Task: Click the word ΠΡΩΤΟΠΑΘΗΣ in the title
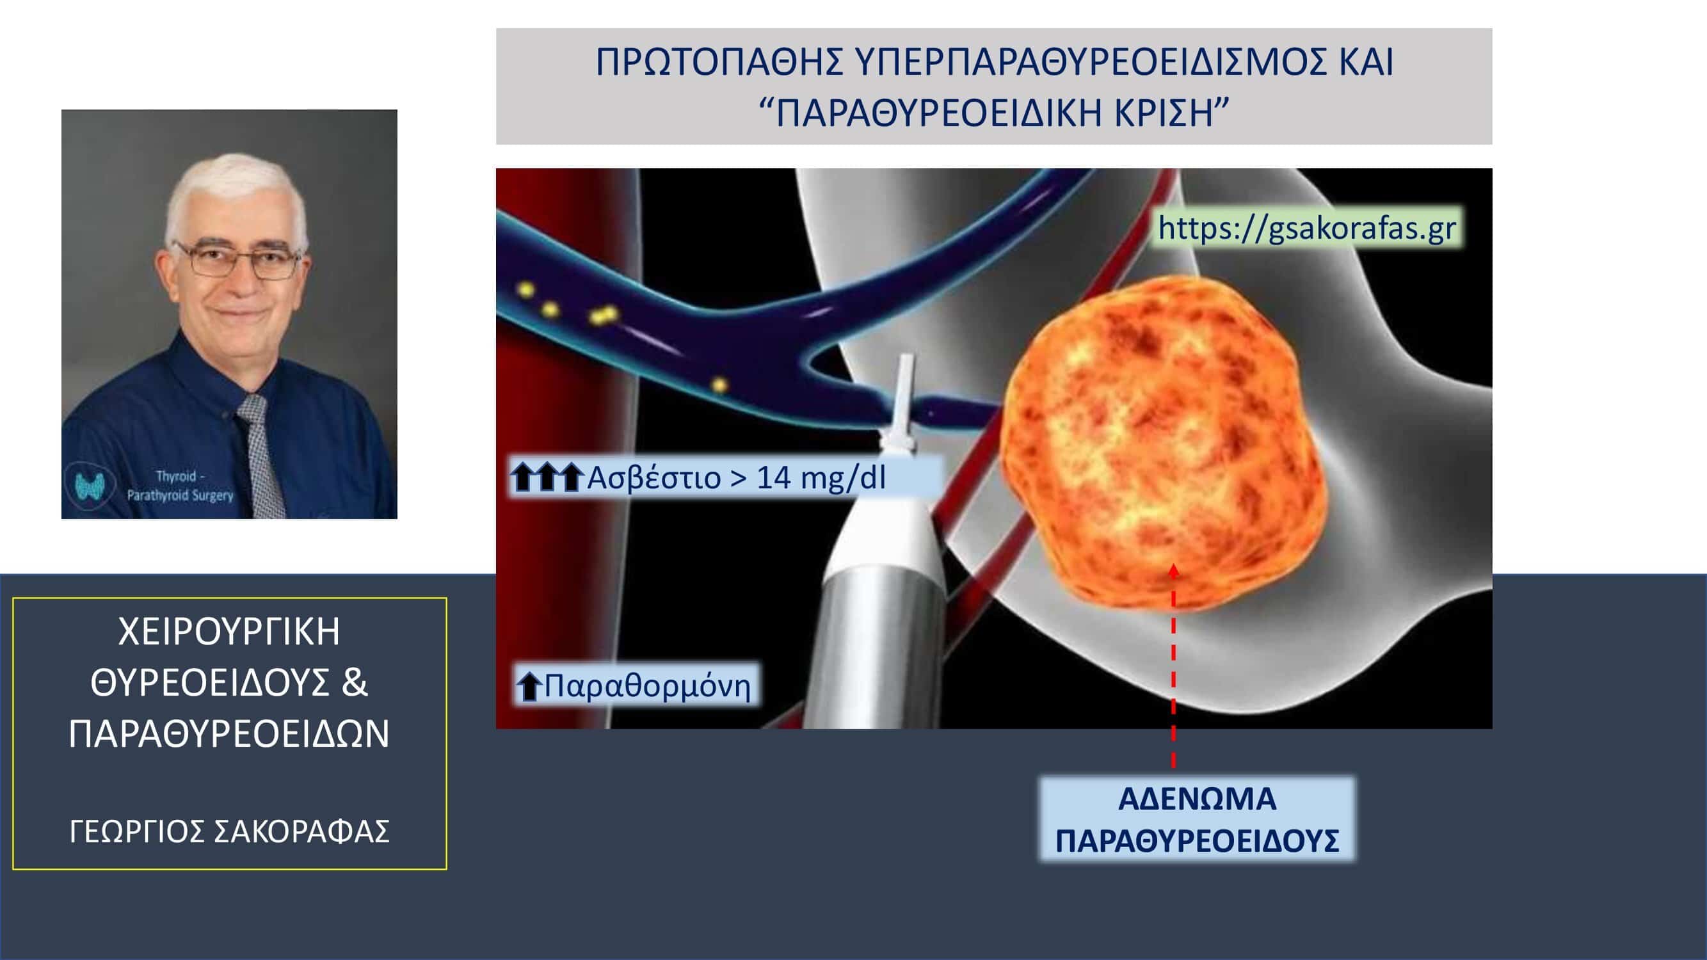[x=719, y=61]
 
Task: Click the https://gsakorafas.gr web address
[x=1307, y=228]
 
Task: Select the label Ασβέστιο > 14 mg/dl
[x=735, y=477]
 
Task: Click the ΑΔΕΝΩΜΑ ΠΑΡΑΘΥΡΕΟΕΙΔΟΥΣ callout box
[x=1197, y=820]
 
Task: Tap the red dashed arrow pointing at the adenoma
[x=1174, y=665]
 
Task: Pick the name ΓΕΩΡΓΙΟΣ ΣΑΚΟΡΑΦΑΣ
[x=229, y=832]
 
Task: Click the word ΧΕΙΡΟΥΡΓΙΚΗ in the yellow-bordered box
[x=229, y=632]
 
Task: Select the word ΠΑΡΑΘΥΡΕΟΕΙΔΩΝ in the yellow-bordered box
[x=229, y=734]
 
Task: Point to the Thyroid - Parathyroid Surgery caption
[x=180, y=486]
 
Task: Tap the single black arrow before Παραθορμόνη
[x=529, y=686]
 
